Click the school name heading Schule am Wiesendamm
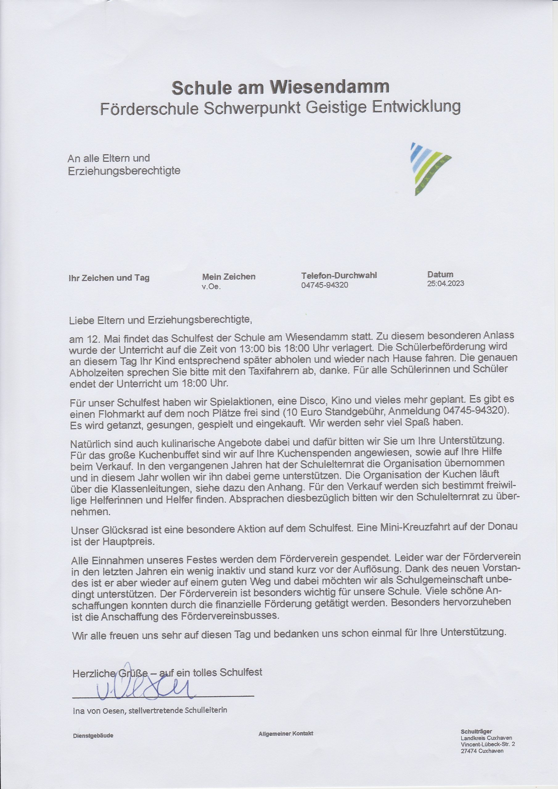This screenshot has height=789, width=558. coord(280,87)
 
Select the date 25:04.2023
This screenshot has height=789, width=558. coord(445,284)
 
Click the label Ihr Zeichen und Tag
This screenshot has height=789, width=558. coord(109,278)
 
